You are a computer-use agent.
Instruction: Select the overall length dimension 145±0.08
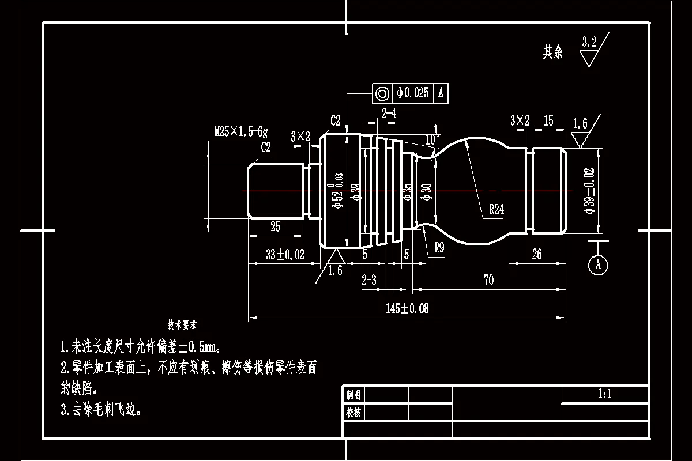point(407,309)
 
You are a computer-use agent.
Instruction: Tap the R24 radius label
point(497,210)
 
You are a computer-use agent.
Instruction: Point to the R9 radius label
point(439,248)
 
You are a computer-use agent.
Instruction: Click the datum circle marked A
point(598,264)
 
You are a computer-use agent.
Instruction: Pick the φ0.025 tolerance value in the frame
point(413,93)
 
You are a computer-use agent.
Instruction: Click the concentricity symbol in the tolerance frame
point(382,93)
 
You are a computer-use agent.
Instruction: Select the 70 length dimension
point(488,281)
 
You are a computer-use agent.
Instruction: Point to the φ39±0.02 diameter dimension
point(589,190)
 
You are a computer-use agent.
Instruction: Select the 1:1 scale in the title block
point(604,395)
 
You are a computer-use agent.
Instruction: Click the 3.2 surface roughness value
point(589,41)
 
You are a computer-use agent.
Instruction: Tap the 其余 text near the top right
point(552,52)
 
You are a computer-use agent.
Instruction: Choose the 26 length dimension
point(537,255)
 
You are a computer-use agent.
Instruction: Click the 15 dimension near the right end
point(548,121)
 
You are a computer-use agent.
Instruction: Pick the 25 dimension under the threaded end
point(275,227)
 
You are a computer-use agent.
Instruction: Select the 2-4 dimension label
point(389,114)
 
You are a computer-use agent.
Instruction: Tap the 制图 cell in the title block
point(353,395)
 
